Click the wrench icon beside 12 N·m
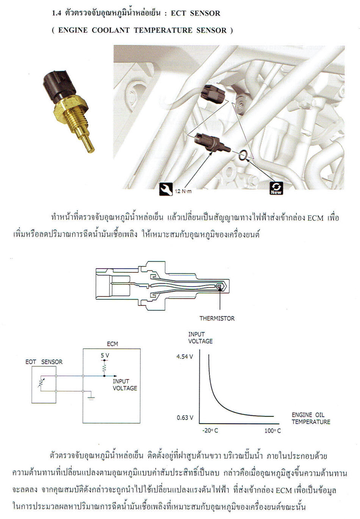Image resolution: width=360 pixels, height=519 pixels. (x=166, y=189)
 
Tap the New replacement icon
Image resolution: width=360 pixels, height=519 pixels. (x=276, y=188)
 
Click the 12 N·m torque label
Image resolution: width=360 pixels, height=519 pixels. (x=183, y=191)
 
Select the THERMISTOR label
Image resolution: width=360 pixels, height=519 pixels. (x=217, y=318)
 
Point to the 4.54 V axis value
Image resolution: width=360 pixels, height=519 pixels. (x=185, y=357)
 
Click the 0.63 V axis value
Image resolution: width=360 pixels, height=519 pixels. (x=185, y=418)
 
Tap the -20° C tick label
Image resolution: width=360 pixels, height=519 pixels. (x=210, y=431)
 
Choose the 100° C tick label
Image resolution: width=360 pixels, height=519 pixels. (x=272, y=431)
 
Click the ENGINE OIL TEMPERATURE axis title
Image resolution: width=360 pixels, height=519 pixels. (x=311, y=418)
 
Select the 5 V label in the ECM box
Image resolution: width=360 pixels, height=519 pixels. (x=105, y=355)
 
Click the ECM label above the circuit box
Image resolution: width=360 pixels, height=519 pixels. (x=113, y=344)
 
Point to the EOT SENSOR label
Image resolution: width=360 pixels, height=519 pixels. (x=44, y=362)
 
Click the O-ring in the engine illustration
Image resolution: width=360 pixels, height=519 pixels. (x=243, y=155)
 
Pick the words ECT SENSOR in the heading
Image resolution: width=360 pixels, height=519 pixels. (x=196, y=13)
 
